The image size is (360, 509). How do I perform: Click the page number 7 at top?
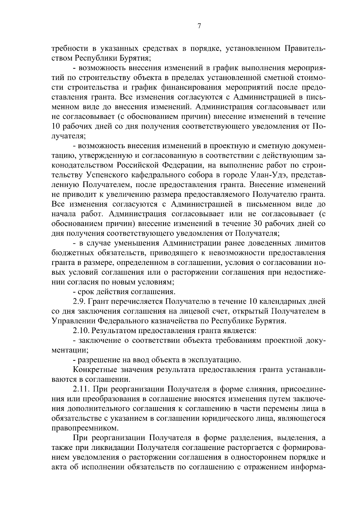tap(199, 26)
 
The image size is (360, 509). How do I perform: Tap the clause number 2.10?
tap(81, 331)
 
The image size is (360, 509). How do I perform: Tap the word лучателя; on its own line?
tap(69, 136)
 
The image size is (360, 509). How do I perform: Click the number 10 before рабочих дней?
tap(56, 126)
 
